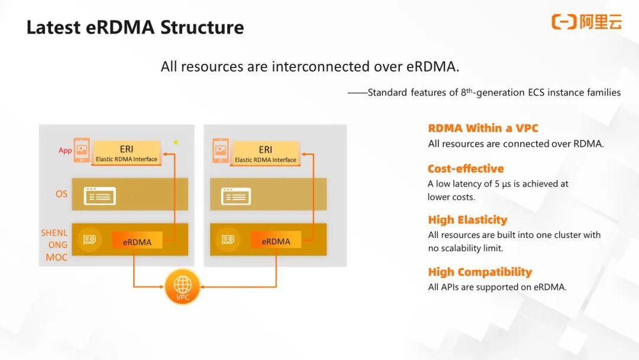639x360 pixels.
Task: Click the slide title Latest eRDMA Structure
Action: tap(135, 27)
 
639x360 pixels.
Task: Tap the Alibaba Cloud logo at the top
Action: tap(586, 22)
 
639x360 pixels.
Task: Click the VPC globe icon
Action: tap(183, 287)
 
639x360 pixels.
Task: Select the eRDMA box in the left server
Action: tap(137, 242)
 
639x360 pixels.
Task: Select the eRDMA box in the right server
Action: tap(276, 241)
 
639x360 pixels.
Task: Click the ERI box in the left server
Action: tap(127, 153)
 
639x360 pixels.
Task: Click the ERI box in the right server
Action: tap(265, 153)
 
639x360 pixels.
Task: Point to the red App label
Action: tap(65, 150)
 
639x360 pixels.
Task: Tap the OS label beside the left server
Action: tap(62, 194)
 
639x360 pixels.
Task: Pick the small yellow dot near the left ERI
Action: tap(176, 142)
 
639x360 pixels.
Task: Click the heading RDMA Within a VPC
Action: tap(483, 128)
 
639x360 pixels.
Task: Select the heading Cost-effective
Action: tap(466, 169)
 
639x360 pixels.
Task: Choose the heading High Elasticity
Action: tap(467, 220)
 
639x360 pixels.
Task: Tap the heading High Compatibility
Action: tap(480, 272)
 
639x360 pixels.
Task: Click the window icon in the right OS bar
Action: tap(235, 195)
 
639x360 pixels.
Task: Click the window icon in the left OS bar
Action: tap(99, 195)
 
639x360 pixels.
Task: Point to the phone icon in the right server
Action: tap(221, 150)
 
